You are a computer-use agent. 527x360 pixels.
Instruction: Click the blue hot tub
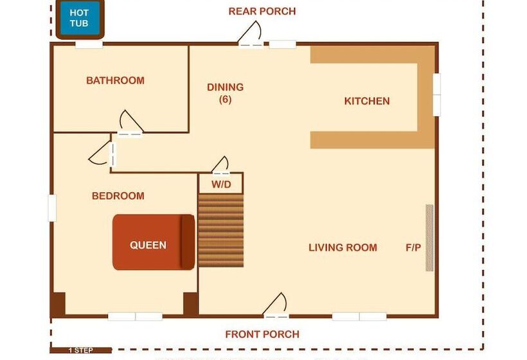pos(79,18)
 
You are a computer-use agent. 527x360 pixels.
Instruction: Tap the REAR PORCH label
pos(262,12)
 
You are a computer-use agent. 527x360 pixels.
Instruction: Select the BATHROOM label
pos(115,80)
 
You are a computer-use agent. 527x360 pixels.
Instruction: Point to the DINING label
pos(225,87)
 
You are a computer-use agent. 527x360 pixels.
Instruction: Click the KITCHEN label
pos(367,101)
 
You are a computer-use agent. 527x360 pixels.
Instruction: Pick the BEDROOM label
pos(118,196)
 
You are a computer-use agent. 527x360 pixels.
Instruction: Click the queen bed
pos(154,242)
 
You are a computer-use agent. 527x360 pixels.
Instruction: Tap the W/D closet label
pos(220,185)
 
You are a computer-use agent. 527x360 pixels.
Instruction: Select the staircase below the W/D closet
pos(220,230)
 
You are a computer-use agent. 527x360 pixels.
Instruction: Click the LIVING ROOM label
pos(343,248)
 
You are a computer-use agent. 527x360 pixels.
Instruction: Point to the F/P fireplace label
pos(413,248)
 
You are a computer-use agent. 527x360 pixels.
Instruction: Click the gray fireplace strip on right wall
pos(429,238)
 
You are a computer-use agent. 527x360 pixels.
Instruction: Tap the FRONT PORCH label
pos(262,334)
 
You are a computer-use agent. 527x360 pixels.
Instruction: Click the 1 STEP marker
pos(80,350)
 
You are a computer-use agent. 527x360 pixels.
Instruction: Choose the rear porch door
pos(250,35)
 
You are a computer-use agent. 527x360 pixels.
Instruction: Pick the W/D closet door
pos(221,166)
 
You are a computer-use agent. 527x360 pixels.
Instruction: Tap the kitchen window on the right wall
pos(437,95)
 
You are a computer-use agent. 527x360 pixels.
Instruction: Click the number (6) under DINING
pos(225,100)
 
